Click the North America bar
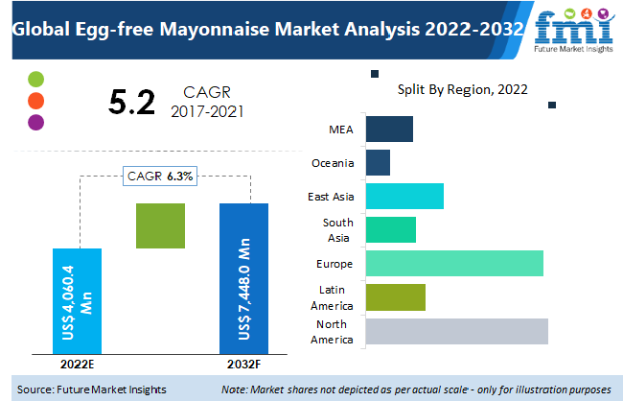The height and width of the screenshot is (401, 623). point(456,331)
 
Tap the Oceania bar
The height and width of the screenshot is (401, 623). point(378,162)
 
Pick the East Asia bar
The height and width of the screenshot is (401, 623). point(404,196)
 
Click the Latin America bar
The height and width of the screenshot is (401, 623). point(395,297)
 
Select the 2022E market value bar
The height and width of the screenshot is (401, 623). point(76,300)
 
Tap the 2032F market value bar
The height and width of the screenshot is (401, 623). point(244,278)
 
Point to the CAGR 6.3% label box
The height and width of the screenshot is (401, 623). point(160,176)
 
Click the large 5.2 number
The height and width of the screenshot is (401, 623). point(132,101)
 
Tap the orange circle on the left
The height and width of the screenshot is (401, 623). point(36,101)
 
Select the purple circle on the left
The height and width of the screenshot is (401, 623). point(36,122)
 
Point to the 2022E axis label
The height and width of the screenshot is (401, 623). point(76,365)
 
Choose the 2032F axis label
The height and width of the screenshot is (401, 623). point(243,365)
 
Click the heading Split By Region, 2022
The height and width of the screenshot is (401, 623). point(463,89)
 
